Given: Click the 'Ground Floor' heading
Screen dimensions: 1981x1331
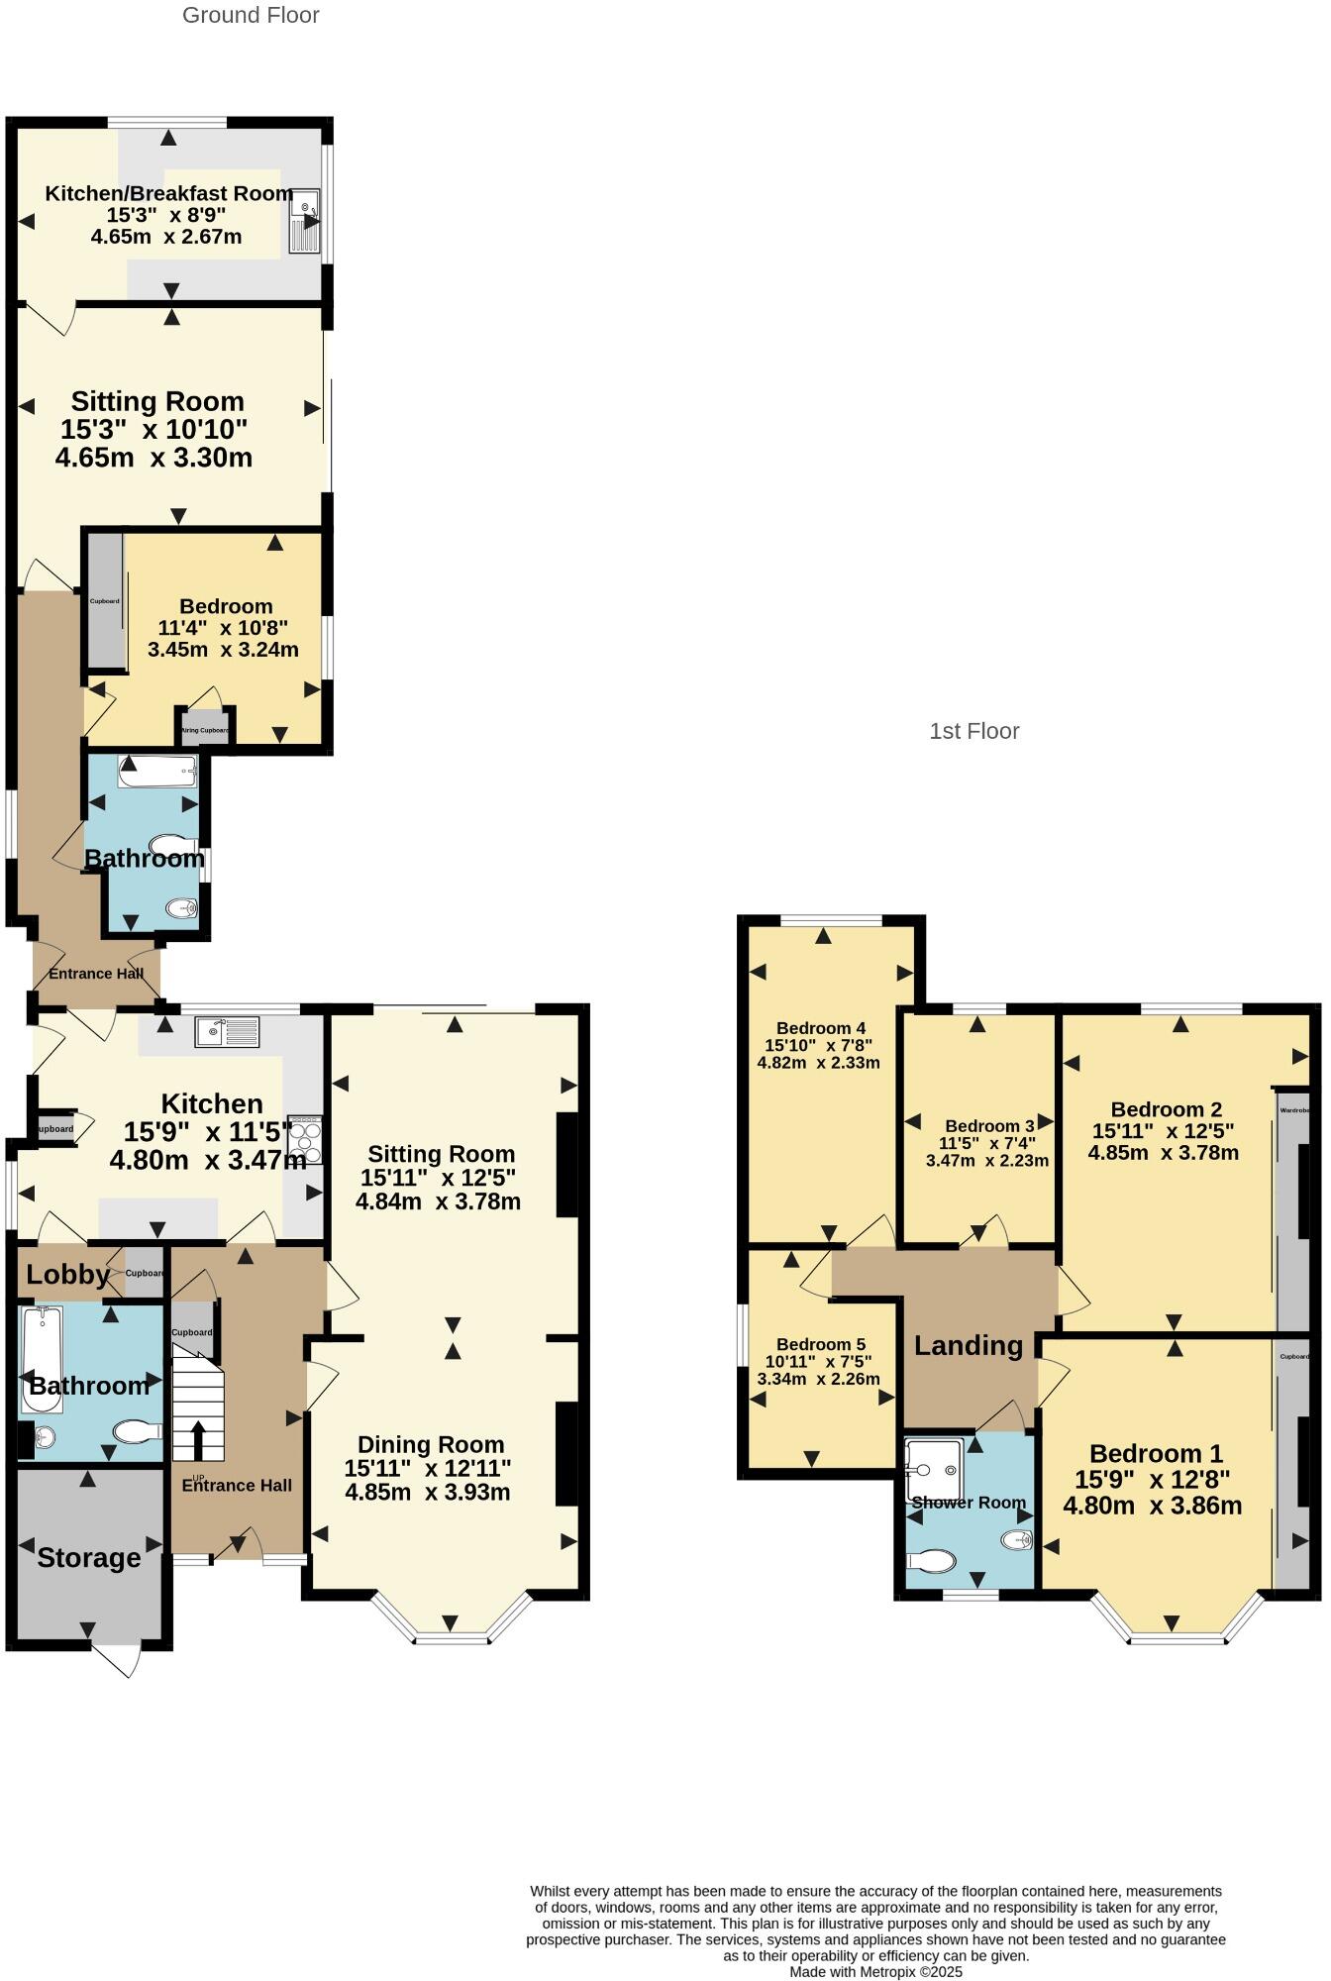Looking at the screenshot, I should coord(251,15).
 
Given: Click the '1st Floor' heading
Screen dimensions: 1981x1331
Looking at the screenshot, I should coord(973,731).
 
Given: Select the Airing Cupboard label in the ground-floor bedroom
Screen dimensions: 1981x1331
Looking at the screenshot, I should coord(205,730).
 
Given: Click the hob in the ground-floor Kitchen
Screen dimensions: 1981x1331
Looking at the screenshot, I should coord(305,1139).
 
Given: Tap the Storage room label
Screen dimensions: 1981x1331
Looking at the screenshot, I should coord(89,1558).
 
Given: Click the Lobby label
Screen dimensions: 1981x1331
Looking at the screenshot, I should coord(67,1274).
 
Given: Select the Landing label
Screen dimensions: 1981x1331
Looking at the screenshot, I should coord(968,1345).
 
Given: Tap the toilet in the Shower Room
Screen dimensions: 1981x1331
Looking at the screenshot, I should coord(932,1561).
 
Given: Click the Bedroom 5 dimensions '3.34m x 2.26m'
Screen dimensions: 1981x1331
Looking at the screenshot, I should coord(818,1378).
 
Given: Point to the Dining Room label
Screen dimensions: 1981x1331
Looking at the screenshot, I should coord(431,1444).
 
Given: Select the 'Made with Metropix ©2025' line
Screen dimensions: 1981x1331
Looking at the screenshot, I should coord(875,1971).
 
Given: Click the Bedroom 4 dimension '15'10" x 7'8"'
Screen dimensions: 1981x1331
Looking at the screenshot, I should coord(818,1045).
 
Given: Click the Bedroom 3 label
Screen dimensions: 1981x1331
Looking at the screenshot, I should coord(989,1126).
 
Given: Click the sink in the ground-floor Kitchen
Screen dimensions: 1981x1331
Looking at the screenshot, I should coord(227,1032).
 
